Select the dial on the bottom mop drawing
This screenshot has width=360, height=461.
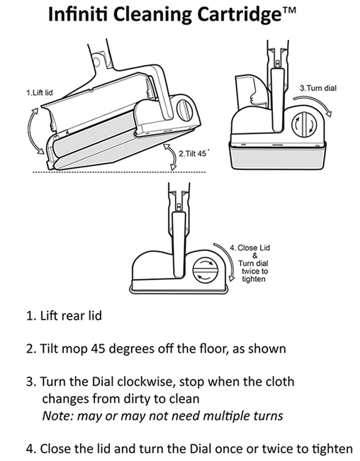pos(206,270)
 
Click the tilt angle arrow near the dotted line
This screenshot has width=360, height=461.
pos(168,156)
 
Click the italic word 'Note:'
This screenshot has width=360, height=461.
pos(58,415)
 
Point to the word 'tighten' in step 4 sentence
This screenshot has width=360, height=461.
pos(329,448)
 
